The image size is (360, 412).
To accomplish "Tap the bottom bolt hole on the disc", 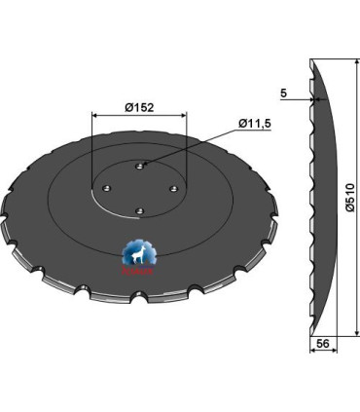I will (137, 206).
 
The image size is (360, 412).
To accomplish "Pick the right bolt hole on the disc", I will (172, 188).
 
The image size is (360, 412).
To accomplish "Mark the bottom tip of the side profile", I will (310, 334).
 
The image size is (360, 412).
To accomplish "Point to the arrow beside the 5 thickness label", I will (306, 97).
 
